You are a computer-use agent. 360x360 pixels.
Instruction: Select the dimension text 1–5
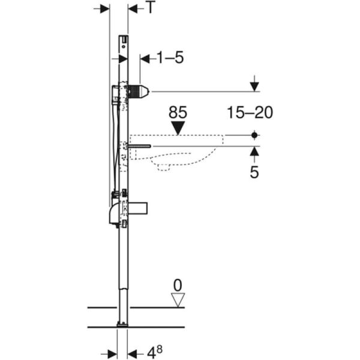point(170,58)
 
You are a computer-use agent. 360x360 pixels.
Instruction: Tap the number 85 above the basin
point(178,112)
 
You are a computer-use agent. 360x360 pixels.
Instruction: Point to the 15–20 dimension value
point(250,112)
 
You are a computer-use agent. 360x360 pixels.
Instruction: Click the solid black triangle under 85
point(178,127)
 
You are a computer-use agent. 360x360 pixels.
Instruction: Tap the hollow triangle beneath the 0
point(176,299)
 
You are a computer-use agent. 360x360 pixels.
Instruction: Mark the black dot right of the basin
point(255,136)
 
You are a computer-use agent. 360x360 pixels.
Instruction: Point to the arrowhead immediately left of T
point(133,8)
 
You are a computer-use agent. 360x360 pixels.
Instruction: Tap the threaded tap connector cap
point(139,92)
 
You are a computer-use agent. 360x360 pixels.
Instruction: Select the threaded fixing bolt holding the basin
point(139,146)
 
